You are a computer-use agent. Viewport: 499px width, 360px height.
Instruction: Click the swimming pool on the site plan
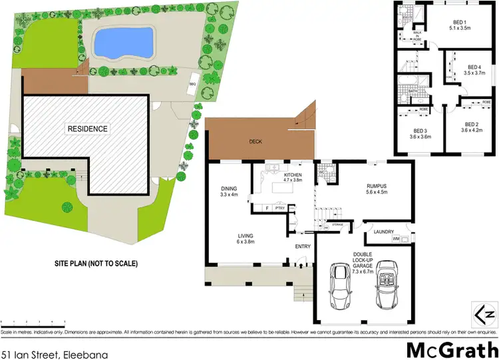tap(124, 43)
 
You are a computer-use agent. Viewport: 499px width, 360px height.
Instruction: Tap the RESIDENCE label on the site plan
tap(87, 128)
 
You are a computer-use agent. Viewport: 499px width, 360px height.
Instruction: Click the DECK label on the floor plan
tap(255, 141)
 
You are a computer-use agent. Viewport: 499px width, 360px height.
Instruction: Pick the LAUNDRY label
tap(385, 232)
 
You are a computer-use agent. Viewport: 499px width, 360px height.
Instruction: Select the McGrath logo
tap(450, 349)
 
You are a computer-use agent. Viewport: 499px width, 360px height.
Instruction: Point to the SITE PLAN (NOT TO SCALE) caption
tap(96, 264)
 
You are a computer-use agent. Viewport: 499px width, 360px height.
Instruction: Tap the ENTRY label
tap(303, 247)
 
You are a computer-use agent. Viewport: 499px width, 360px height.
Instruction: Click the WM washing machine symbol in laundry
tap(396, 238)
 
